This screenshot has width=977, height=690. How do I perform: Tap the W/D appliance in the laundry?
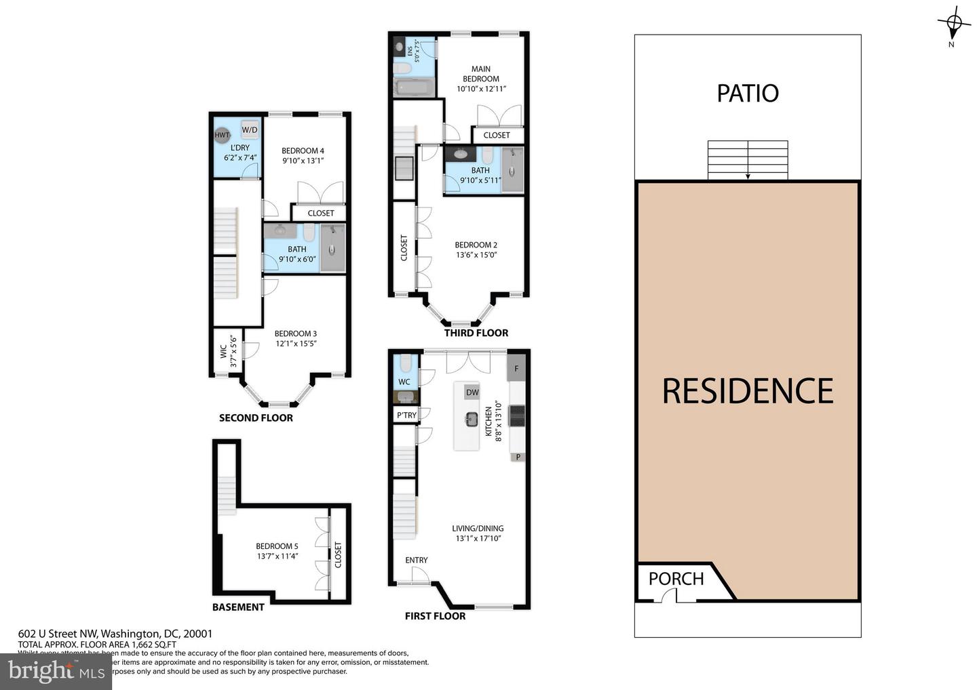[x=249, y=129]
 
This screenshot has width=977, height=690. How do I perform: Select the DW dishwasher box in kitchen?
[x=472, y=392]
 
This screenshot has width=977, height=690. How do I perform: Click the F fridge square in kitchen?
[x=516, y=369]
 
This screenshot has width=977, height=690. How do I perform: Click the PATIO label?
[x=747, y=93]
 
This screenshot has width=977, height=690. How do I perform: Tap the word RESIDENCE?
[x=747, y=391]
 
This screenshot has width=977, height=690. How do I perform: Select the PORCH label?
[x=676, y=578]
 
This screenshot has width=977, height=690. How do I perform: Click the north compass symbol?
[x=953, y=24]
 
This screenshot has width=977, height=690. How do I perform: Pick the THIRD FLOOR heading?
[x=476, y=333]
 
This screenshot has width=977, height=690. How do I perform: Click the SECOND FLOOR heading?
[x=256, y=418]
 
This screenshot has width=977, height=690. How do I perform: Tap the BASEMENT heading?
[x=238, y=607]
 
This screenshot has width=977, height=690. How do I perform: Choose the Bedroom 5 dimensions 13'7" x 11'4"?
[x=277, y=556]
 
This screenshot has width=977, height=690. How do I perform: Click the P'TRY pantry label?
[x=406, y=415]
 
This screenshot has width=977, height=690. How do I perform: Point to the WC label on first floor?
[x=404, y=382]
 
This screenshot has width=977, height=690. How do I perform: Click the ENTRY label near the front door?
[x=416, y=560]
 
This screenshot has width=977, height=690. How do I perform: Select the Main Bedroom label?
[x=480, y=74]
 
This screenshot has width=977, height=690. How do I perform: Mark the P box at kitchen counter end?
[x=518, y=457]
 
